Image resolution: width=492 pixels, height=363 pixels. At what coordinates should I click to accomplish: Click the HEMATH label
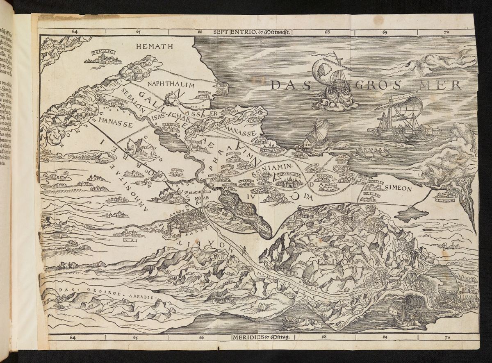click(153, 47)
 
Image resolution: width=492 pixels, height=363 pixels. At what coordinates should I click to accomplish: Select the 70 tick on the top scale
click(446, 32)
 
